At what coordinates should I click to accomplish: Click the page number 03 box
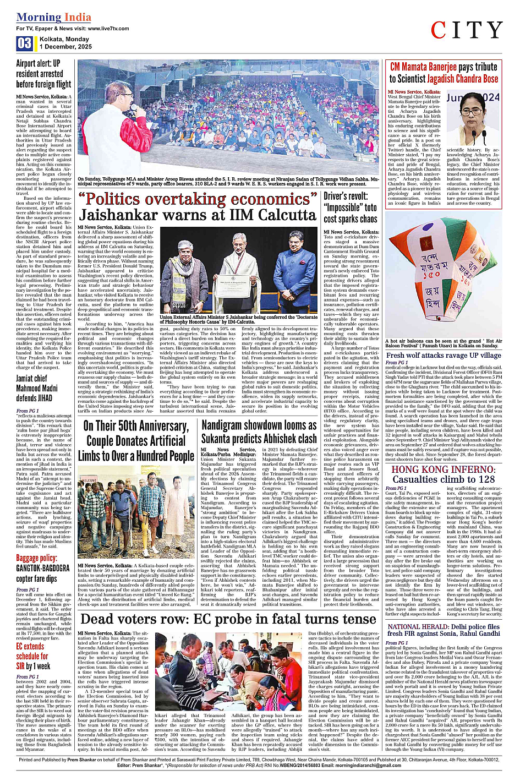click(25, 43)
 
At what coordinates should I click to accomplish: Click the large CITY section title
click(467, 30)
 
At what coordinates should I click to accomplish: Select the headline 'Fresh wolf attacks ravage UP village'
click(444, 355)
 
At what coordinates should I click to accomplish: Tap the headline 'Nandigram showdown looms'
click(259, 425)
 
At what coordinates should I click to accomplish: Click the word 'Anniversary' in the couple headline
click(156, 426)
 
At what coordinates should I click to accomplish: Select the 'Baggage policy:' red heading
click(36, 558)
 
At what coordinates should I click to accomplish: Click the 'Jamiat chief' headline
click(32, 378)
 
